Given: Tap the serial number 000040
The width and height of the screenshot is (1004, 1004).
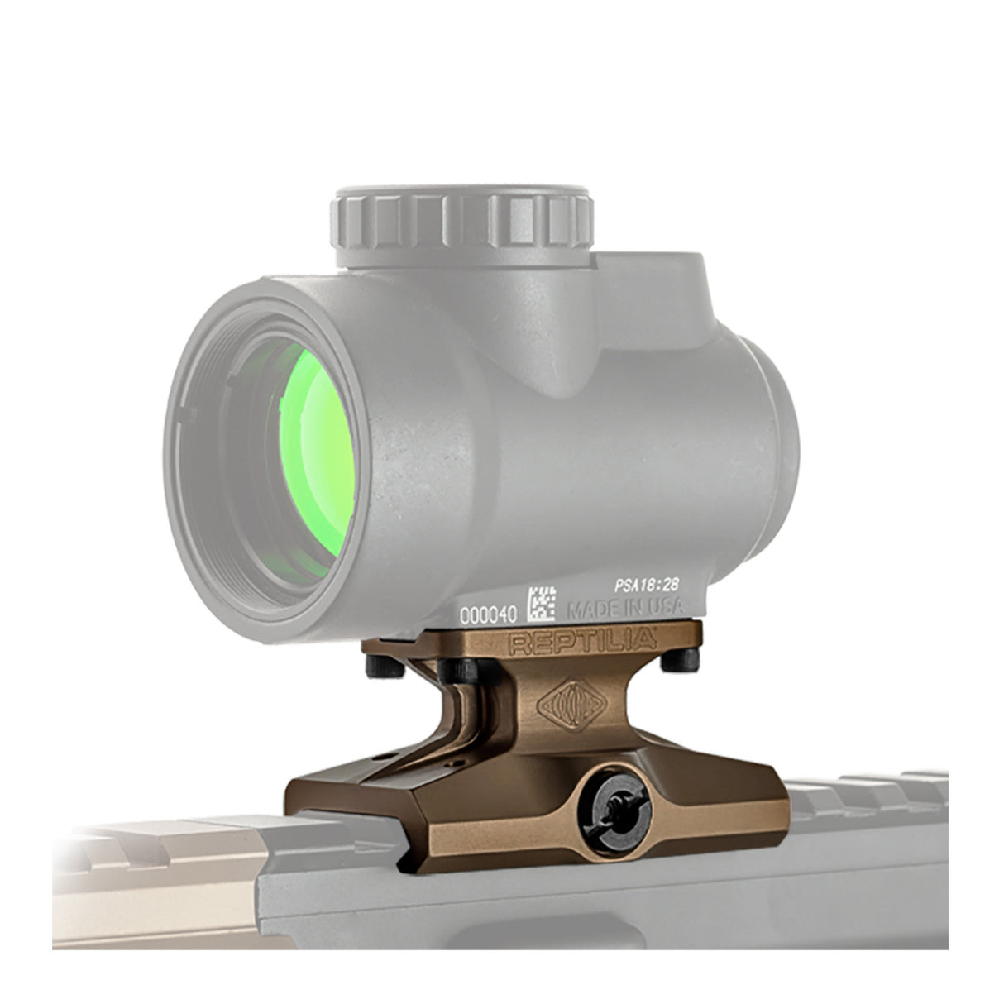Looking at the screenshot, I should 488,614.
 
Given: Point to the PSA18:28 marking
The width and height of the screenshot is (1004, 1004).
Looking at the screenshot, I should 646,584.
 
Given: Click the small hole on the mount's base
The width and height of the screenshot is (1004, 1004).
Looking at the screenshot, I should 383,755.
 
